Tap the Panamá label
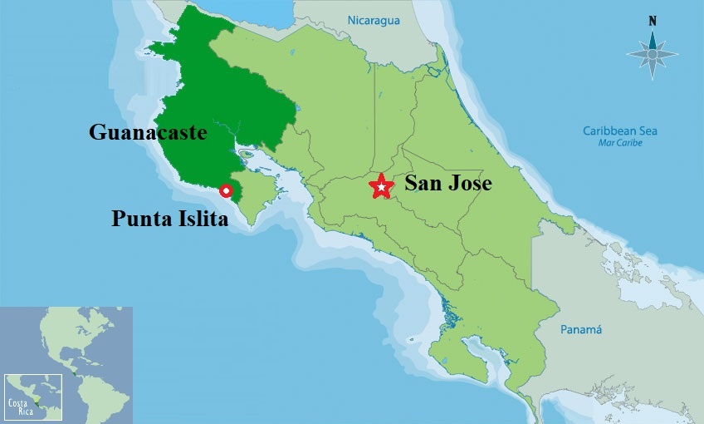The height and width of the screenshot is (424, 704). click(x=581, y=330)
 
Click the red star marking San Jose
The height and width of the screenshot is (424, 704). click(x=381, y=186)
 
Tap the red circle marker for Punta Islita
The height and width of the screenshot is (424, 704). click(x=225, y=190)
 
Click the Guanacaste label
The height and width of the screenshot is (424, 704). click(x=148, y=132)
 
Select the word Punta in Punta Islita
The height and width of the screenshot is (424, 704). click(x=142, y=219)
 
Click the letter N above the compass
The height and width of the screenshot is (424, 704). click(x=653, y=21)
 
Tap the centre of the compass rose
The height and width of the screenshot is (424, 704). click(x=653, y=54)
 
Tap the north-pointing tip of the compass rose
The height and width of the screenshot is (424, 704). click(x=653, y=32)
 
